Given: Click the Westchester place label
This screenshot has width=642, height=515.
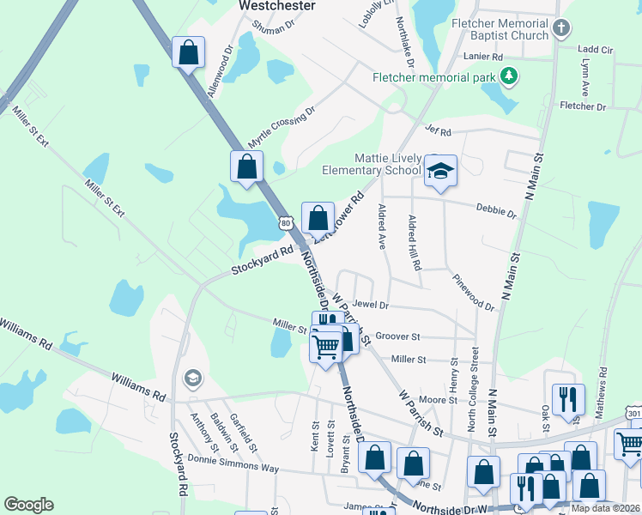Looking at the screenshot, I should [276, 5].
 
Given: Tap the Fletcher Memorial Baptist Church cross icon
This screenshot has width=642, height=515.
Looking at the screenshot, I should [561, 28].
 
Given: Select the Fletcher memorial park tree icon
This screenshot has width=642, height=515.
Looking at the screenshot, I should [509, 77].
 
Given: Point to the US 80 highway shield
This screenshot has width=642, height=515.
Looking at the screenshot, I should [285, 222].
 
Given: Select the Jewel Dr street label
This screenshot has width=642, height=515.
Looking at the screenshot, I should [371, 305].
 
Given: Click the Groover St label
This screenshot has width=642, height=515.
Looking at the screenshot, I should [397, 337].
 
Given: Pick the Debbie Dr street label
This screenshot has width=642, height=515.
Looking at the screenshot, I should [497, 211].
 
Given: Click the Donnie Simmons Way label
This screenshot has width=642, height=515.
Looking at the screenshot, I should [221, 463].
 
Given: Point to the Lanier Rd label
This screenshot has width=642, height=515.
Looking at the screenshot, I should [486, 57].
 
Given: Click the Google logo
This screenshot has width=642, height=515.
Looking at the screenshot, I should [28, 505].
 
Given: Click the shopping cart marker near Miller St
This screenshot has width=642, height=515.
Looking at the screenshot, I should [325, 348].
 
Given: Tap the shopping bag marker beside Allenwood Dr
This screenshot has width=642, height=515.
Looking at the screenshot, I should [189, 53].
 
